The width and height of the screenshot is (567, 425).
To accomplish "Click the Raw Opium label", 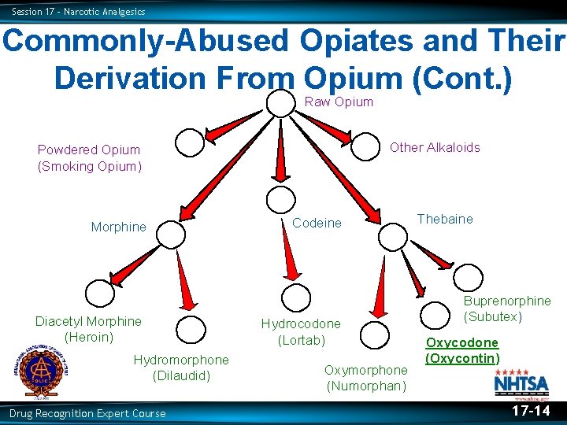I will [339, 102].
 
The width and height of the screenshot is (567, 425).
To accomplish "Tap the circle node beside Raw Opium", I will [280, 102].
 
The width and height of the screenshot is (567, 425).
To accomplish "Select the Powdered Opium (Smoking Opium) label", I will [89, 157].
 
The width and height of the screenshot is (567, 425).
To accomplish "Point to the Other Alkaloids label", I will [435, 147].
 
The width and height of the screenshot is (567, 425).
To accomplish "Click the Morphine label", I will [118, 227].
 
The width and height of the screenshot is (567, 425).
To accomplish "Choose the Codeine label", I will [317, 223].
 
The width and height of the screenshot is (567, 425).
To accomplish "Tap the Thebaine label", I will [445, 219].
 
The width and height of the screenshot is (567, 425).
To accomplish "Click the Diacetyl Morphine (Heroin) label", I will [88, 329].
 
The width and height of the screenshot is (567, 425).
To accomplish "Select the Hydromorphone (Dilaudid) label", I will [181, 368].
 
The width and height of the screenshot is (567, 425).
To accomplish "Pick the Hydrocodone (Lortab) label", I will [301, 331].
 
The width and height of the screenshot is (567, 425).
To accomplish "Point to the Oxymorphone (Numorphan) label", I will [366, 378].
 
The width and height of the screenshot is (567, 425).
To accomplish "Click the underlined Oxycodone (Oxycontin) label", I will [462, 350].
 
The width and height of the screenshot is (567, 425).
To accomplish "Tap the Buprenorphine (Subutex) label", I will [507, 309].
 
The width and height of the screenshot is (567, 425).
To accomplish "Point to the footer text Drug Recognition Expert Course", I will [87, 413].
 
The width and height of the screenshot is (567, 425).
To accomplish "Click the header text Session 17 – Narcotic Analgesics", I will [79, 12].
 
